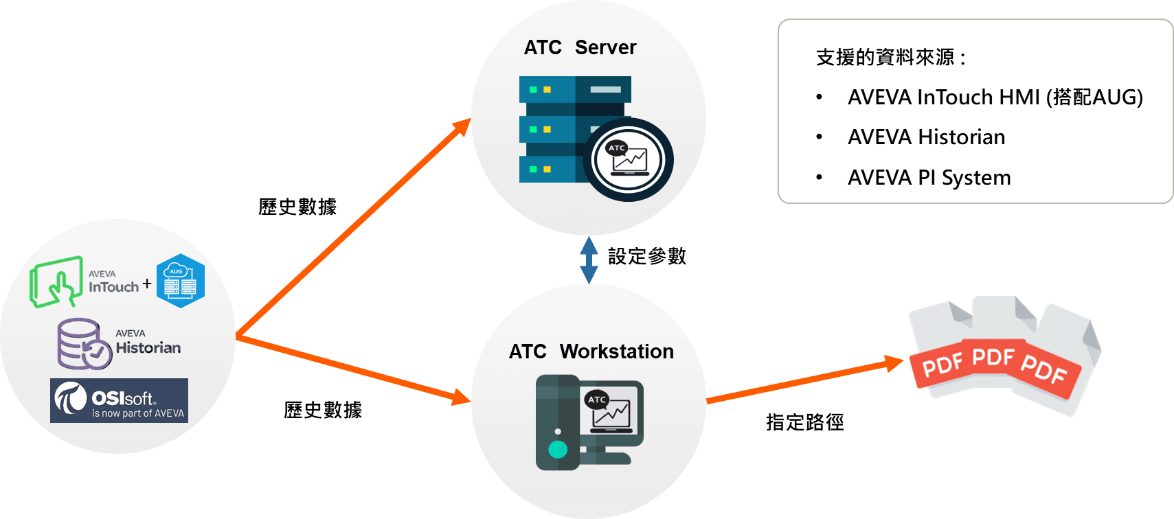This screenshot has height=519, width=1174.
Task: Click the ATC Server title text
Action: [x=580, y=47]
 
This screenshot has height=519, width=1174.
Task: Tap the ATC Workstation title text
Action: [x=591, y=351]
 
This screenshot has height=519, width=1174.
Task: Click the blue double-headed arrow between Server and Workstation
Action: [x=589, y=261]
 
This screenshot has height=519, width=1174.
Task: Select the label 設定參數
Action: [x=646, y=257]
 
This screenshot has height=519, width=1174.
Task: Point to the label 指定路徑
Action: [x=804, y=422]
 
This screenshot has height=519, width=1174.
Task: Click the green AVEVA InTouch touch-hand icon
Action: [x=55, y=282]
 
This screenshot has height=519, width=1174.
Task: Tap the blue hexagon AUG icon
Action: [x=181, y=281]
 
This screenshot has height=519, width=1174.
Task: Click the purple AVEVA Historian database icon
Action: [x=82, y=343]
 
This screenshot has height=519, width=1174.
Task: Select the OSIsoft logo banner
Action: [x=119, y=401]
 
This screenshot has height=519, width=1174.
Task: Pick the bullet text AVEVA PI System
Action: [x=929, y=178]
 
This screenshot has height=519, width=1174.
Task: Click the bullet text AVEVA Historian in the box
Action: [x=926, y=137]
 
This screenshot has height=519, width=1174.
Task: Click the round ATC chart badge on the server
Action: [x=628, y=159]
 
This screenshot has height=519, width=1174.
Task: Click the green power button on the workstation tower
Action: [x=558, y=450]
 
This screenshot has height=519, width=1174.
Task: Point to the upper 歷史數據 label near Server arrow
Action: [x=297, y=207]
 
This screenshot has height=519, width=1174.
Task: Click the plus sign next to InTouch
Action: [x=147, y=283]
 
